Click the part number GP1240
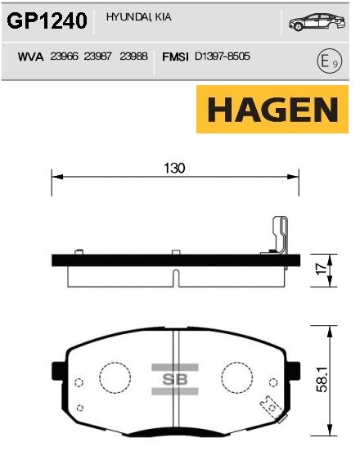(x=47, y=22)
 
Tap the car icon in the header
(x=313, y=23)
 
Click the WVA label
(x=30, y=57)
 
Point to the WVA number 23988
(x=133, y=57)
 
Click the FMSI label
(x=177, y=57)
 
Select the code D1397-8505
(x=222, y=57)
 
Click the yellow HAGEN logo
(x=267, y=110)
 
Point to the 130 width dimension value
(x=174, y=168)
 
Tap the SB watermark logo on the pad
(x=174, y=379)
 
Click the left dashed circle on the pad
(x=115, y=377)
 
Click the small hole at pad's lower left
(x=78, y=408)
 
